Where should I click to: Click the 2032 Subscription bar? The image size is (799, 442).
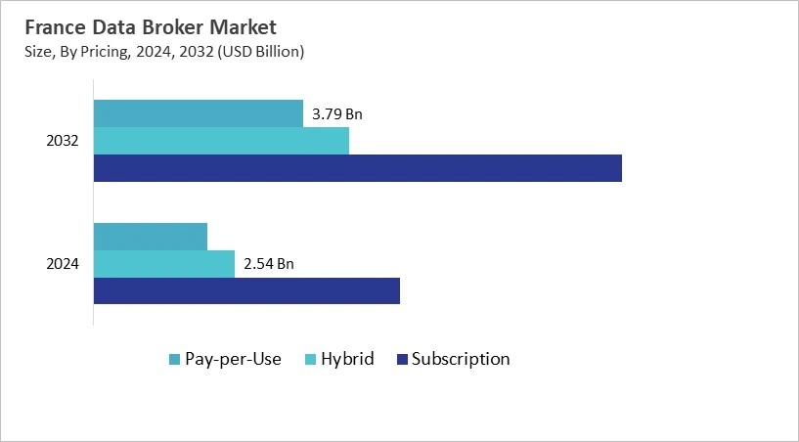pyautogui.click(x=357, y=168)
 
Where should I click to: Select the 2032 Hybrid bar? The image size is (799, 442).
pyautogui.click(x=221, y=141)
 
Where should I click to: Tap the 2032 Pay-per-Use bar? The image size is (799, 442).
pyautogui.click(x=198, y=113)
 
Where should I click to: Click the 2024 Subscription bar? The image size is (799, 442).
pyautogui.click(x=246, y=290)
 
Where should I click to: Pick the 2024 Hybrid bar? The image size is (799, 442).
pyautogui.click(x=163, y=264)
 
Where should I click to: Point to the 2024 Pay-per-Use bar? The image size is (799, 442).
pyautogui.click(x=150, y=237)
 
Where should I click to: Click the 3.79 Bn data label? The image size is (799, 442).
pyautogui.click(x=336, y=114)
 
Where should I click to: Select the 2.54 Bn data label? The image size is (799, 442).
pyautogui.click(x=268, y=264)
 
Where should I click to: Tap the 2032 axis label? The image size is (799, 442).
pyautogui.click(x=63, y=141)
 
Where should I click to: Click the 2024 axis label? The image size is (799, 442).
pyautogui.click(x=63, y=264)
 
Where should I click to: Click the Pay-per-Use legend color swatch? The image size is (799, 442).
pyautogui.click(x=174, y=360)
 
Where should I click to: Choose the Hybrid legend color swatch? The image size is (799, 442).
pyautogui.click(x=312, y=360)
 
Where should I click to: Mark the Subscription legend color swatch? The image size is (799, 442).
pyautogui.click(x=401, y=360)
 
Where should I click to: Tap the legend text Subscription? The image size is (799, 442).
pyautogui.click(x=461, y=359)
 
